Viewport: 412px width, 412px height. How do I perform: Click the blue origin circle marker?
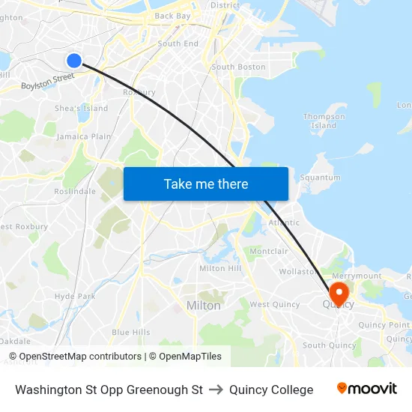tap(73, 61)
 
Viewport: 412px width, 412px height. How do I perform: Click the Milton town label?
tap(204, 306)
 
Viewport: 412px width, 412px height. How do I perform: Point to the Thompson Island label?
tap(324, 121)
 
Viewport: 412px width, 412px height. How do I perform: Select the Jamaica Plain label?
tap(84, 136)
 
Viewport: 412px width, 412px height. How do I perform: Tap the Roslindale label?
tap(75, 191)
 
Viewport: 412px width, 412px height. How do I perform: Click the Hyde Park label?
tap(75, 296)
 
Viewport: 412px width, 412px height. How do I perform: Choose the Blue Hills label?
tap(130, 332)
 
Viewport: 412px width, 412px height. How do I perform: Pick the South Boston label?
tap(238, 67)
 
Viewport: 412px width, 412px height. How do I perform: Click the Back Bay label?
tap(172, 15)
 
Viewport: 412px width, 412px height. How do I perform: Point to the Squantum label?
tap(320, 178)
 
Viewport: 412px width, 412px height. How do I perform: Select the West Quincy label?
tap(274, 304)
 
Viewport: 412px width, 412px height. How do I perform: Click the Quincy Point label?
tap(384, 324)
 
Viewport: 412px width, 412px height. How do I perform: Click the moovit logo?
tap(366, 389)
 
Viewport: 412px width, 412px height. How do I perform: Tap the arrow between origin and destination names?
tap(216, 390)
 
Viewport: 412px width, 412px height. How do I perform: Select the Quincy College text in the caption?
tap(271, 390)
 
